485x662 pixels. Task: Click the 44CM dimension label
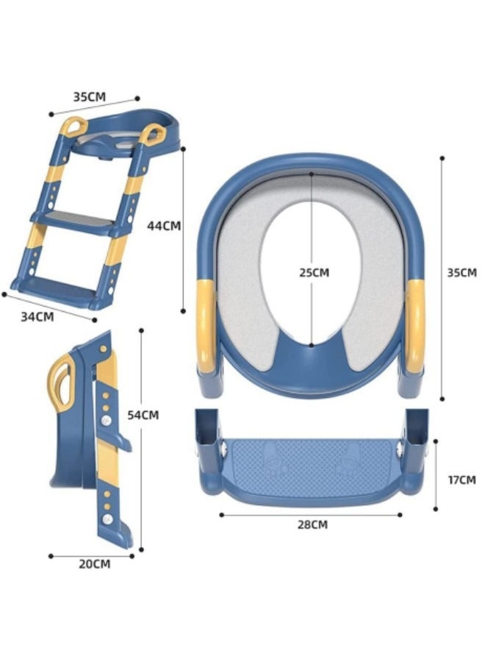pos(164,226)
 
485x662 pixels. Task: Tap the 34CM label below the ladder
pos(37,316)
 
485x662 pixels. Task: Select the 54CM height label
pos(143,415)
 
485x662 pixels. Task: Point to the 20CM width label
pos(95,564)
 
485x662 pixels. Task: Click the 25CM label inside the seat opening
pos(315,273)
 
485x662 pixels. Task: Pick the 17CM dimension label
pos(461,480)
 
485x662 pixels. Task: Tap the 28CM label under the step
pos(312,524)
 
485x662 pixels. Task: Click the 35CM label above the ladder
pos(90,96)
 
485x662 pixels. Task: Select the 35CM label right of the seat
pos(461,273)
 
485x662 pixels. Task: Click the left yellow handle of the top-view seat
pos(206,325)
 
